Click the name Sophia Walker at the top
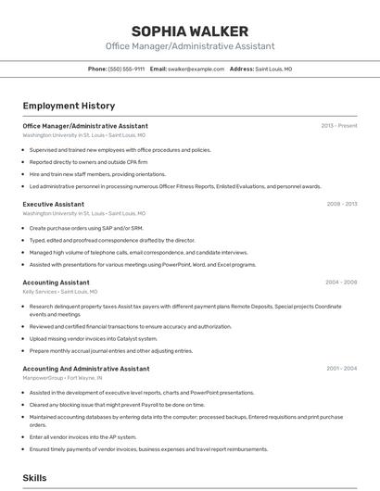pyautogui.click(x=190, y=31)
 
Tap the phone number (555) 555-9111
pyautogui.click(x=126, y=69)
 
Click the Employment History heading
pyautogui.click(x=69, y=106)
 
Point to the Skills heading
pyautogui.click(x=35, y=478)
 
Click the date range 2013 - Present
pyautogui.click(x=339, y=125)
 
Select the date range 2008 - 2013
pyautogui.click(x=342, y=203)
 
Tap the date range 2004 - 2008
pyautogui.click(x=341, y=282)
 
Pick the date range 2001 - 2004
pyautogui.click(x=341, y=369)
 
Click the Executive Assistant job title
pyautogui.click(x=54, y=203)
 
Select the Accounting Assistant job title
pyautogui.click(x=56, y=282)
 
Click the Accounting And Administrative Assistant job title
pyautogui.click(x=85, y=369)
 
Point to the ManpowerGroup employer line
pyautogui.click(x=62, y=378)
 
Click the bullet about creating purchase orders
pyautogui.click(x=86, y=228)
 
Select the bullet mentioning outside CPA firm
pyautogui.click(x=88, y=161)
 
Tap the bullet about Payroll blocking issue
pyautogui.click(x=117, y=404)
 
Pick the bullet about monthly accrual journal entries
pyautogui.click(x=111, y=350)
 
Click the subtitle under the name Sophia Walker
pyautogui.click(x=190, y=46)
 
